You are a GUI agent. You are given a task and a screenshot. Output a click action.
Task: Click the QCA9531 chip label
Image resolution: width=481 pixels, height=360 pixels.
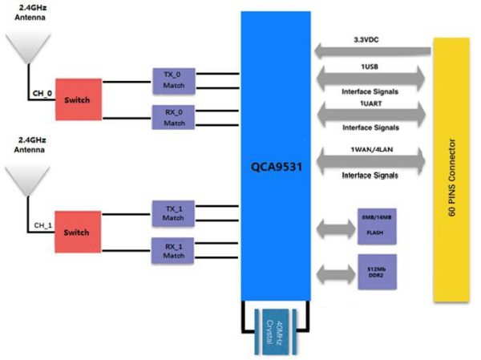pos(275,168)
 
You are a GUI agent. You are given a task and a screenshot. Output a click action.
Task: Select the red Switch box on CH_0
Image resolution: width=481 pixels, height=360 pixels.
pos(79,99)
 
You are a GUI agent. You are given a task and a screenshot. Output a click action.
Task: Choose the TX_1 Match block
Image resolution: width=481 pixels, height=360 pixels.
pos(174,212)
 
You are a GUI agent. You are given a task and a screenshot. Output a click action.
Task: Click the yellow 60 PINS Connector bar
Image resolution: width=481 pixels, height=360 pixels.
pos(451,169)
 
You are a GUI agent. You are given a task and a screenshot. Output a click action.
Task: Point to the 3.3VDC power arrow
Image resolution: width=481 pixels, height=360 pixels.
pos(372,50)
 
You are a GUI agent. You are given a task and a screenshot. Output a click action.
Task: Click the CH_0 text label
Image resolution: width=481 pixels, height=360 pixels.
pos(42,92)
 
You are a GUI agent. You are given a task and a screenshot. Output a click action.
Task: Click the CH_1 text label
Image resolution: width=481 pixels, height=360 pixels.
pos(42,224)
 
